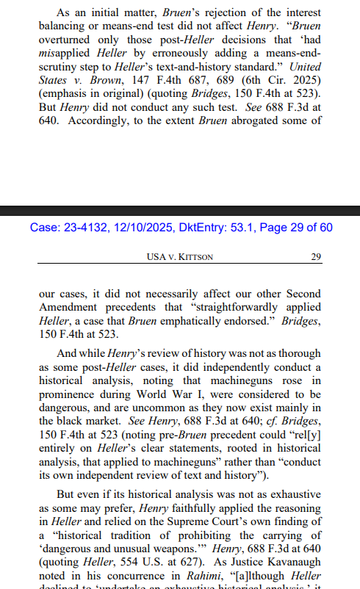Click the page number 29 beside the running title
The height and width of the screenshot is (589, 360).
pos(317,256)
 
